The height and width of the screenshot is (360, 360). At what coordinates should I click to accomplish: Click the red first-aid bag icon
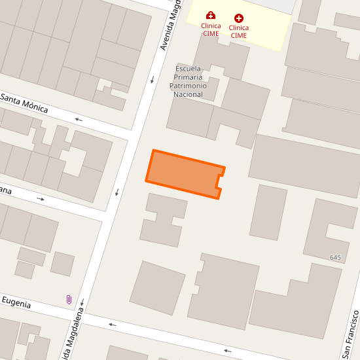[x=210, y=15]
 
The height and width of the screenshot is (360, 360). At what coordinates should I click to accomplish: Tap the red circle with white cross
[x=239, y=18]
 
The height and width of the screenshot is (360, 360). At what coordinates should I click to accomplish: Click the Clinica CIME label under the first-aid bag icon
[x=211, y=29]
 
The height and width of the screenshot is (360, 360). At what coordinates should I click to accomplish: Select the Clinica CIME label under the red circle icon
[x=239, y=31]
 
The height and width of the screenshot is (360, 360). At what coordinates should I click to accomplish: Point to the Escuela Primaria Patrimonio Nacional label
[x=188, y=81]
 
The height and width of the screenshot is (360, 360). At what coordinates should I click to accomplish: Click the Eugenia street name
[x=16, y=300]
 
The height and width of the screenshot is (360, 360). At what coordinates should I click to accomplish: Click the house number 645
[x=336, y=258]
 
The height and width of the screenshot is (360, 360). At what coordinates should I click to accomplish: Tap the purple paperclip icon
[x=69, y=300]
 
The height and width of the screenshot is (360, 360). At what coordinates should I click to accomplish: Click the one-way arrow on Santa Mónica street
[x=79, y=119]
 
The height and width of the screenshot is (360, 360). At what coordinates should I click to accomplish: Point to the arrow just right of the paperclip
[x=82, y=302]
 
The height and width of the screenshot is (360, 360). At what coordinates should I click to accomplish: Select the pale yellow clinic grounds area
[x=262, y=33]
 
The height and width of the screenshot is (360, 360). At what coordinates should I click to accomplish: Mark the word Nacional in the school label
[x=188, y=94]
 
